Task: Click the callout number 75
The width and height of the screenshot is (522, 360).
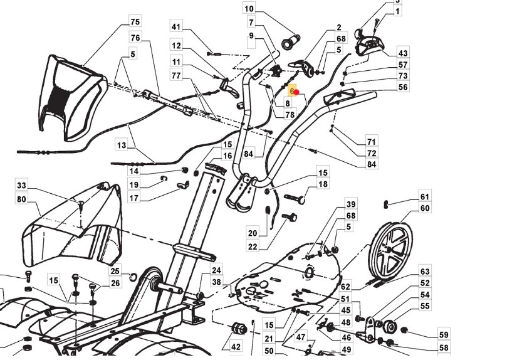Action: click(135, 22)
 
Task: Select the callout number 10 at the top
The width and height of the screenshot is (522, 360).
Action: click(249, 9)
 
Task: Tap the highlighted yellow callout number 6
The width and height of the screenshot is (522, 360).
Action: click(292, 92)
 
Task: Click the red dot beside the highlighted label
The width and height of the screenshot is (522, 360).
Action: click(297, 92)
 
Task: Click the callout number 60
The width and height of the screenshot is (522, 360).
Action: click(425, 208)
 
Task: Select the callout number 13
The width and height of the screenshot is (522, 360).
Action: click(121, 146)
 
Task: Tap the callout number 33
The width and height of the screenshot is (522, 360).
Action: click(22, 186)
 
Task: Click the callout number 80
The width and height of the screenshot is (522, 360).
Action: click(22, 200)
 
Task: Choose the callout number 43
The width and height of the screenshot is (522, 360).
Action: click(403, 53)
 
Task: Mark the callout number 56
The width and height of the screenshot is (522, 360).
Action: click(403, 87)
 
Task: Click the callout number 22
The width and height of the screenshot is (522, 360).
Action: click(253, 247)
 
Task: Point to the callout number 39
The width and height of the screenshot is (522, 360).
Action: click(351, 204)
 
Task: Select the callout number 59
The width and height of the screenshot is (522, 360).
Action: click(444, 334)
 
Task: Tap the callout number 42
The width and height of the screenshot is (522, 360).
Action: click(236, 346)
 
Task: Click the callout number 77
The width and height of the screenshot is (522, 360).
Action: click(176, 76)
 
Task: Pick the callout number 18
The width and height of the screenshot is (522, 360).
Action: click(323, 184)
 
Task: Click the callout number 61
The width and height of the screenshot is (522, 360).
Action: click(425, 197)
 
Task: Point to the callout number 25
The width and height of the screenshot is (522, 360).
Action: click(115, 271)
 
